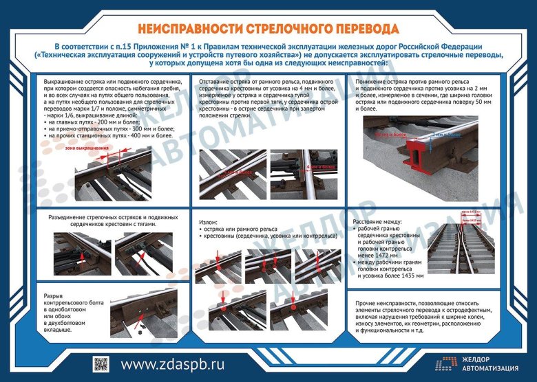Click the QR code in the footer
101,364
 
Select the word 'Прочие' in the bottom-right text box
370,304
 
